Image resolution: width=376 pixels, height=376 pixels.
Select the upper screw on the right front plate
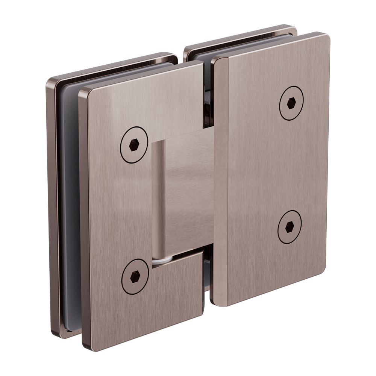coord(291,103)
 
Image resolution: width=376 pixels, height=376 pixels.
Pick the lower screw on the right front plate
coord(290,228)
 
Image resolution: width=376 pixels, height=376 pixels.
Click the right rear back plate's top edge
coord(241,36)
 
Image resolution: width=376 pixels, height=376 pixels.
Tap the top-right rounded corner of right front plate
coord(324,38)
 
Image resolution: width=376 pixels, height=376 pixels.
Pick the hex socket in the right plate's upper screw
coord(291,103)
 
